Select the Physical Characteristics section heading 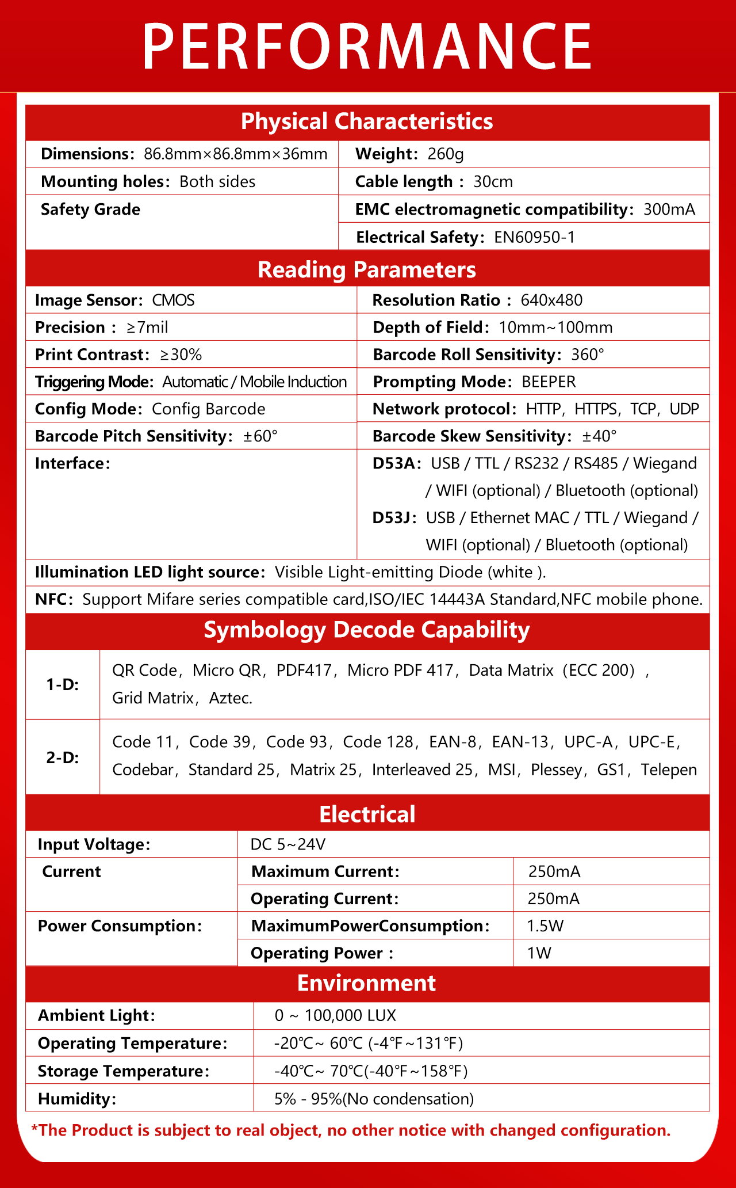click(367, 121)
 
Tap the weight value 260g click(446, 154)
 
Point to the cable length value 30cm click(493, 182)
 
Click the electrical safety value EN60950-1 click(534, 237)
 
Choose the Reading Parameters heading click(367, 270)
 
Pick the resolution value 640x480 click(551, 300)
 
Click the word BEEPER click(549, 382)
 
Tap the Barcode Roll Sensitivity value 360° click(588, 355)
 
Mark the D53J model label click(394, 518)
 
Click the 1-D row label click(63, 685)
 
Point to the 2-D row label click(63, 757)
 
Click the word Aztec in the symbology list click(231, 698)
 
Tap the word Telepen click(669, 770)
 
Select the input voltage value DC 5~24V click(288, 844)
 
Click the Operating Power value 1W click(539, 953)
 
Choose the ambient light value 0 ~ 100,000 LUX click(335, 1015)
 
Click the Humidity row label click(77, 1099)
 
